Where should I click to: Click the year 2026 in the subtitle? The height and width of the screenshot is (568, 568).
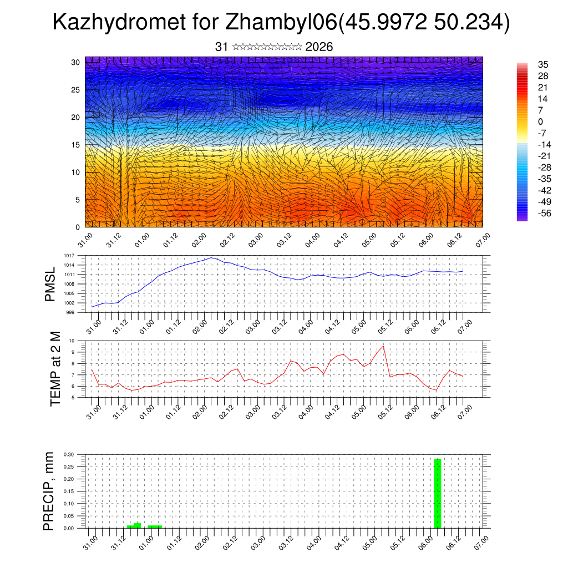319,47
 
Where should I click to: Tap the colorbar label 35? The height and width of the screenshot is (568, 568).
543,65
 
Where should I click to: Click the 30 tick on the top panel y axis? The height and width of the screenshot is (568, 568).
76,62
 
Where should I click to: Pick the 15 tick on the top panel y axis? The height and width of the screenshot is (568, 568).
76,145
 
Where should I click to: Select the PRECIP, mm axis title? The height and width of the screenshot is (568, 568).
49,490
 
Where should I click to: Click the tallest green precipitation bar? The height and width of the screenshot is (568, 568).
437,493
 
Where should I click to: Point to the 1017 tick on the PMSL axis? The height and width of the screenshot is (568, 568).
69,256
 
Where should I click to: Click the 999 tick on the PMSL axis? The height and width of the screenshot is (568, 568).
70,312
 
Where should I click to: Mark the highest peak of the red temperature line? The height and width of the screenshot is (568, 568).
383,346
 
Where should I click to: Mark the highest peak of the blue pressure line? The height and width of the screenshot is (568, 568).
211,258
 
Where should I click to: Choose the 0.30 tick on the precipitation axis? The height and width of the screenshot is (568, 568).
68,454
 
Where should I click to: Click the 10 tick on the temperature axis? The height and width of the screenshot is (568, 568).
72,341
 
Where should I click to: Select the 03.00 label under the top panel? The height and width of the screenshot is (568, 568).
256,241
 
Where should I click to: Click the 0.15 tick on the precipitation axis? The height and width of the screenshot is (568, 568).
68,491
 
